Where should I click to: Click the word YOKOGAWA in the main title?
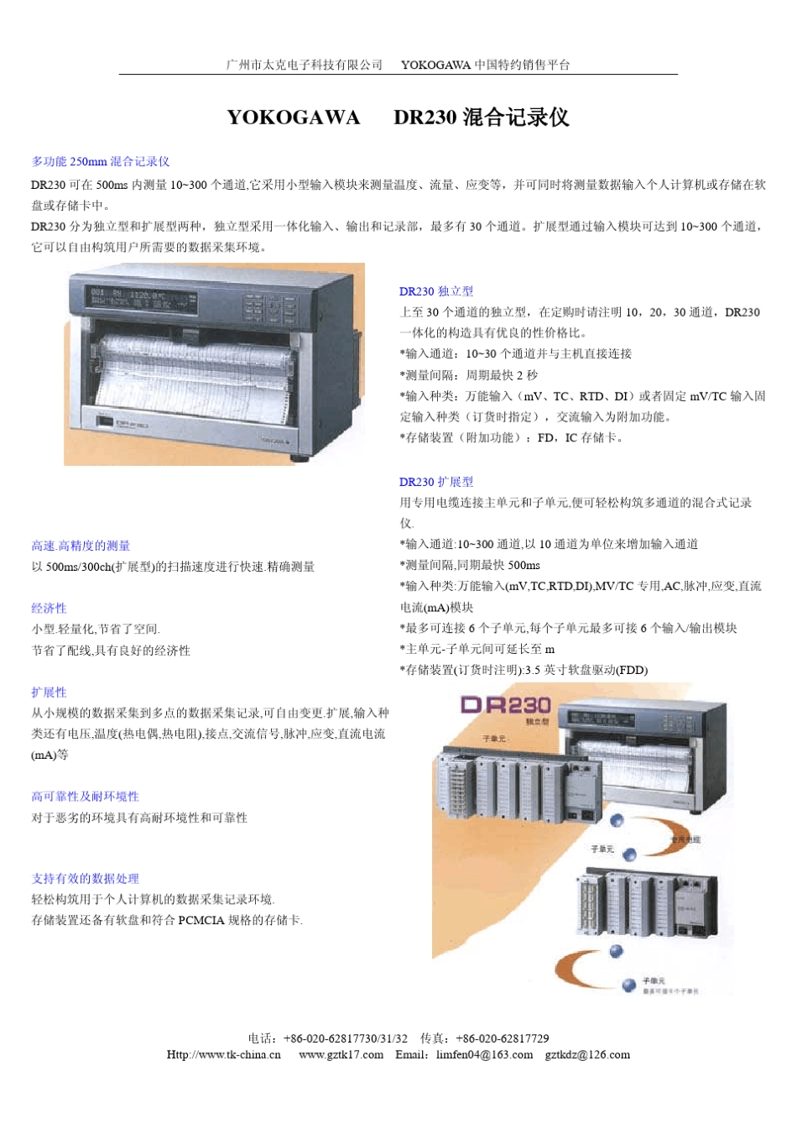(x=293, y=118)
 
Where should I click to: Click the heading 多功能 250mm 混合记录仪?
(x=101, y=161)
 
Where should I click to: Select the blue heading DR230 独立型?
(x=436, y=291)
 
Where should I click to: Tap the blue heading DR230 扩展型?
(x=436, y=482)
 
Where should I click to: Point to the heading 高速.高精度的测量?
(x=81, y=546)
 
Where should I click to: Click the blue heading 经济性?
(x=49, y=608)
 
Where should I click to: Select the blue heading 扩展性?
(x=49, y=692)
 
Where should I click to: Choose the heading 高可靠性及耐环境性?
(x=85, y=796)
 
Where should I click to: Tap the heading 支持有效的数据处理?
(x=85, y=878)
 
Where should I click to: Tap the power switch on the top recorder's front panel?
(x=105, y=422)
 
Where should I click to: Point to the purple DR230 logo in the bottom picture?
(x=506, y=704)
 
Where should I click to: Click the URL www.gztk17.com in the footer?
(x=341, y=1054)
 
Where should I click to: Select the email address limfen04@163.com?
(x=484, y=1054)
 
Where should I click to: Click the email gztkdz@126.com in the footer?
(x=587, y=1054)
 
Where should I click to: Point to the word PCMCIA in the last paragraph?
(x=201, y=920)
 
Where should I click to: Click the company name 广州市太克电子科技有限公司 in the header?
(x=304, y=65)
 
